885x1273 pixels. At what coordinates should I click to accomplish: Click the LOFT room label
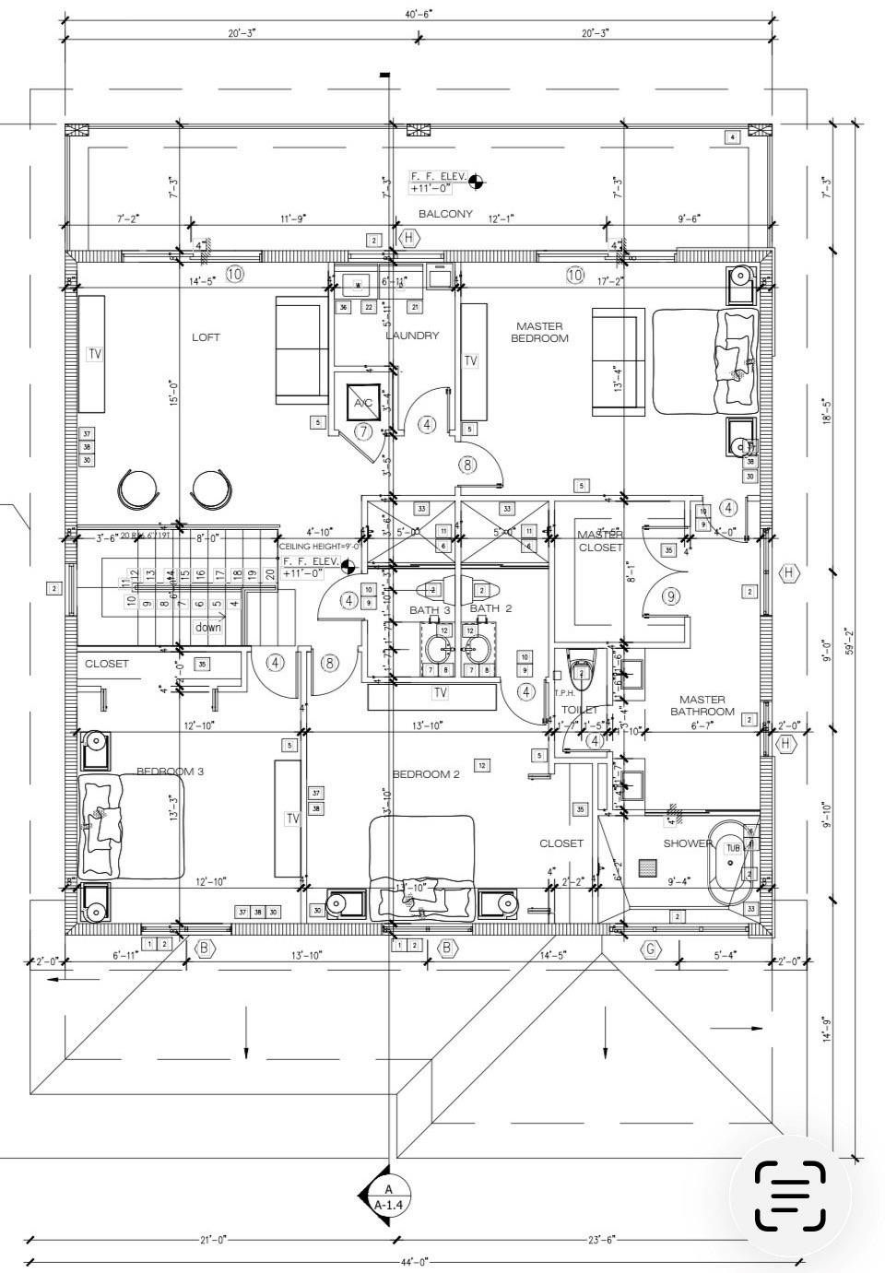[x=206, y=337]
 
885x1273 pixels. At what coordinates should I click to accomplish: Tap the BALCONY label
[x=445, y=214]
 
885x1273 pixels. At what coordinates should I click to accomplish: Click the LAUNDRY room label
[x=412, y=336]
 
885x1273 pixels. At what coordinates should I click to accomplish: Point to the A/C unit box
[x=363, y=403]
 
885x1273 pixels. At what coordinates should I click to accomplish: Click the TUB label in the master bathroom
[x=733, y=848]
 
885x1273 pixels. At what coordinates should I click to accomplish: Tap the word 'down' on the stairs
[x=208, y=627]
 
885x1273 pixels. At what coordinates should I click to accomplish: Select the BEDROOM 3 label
[x=170, y=772]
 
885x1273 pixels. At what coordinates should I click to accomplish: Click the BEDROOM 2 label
[x=426, y=774]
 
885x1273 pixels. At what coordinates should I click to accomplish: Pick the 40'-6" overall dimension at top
[x=418, y=13]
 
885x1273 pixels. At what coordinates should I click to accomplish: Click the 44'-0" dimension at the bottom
[x=415, y=1261]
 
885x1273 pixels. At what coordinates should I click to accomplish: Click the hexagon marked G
[x=651, y=949]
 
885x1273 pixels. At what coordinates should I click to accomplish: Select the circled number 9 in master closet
[x=670, y=596]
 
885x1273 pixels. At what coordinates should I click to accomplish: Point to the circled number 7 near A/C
[x=363, y=431]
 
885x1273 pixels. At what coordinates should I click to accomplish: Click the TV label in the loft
[x=95, y=354]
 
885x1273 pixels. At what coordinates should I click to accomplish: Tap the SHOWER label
[x=688, y=843]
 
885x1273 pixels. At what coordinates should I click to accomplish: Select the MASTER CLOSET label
[x=600, y=541]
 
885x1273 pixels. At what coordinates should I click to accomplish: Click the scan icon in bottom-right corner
[x=790, y=1196]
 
